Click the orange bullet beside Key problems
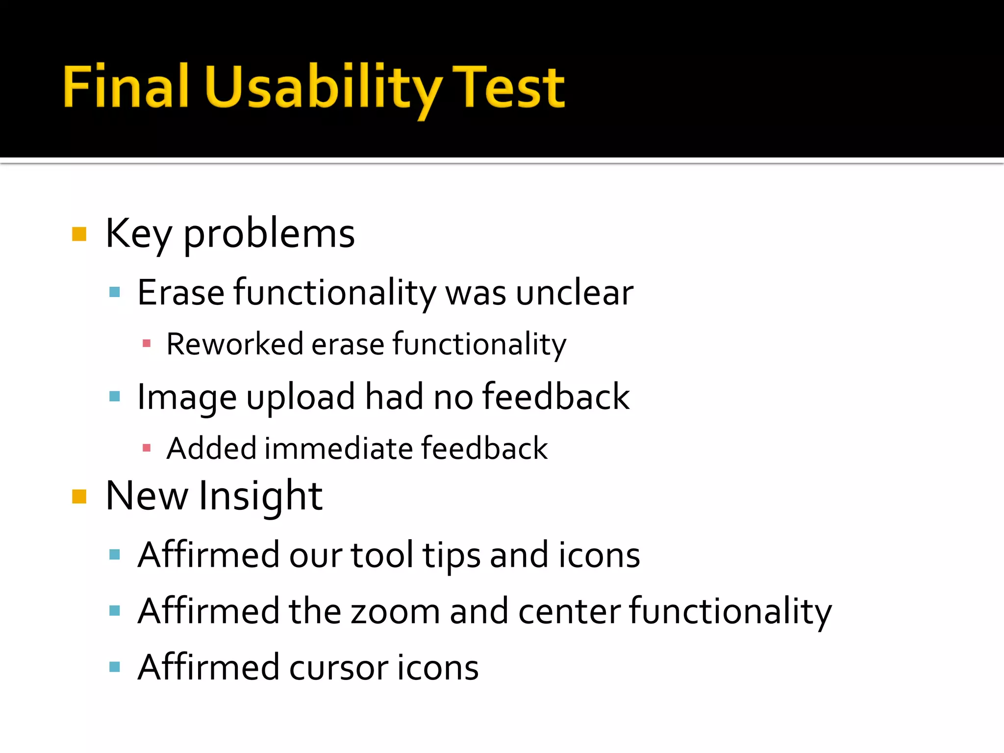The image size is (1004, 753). pos(79,234)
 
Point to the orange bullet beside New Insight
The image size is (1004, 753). pos(79,497)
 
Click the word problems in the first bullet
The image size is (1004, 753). pos(269,234)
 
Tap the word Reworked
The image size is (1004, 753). pos(234,344)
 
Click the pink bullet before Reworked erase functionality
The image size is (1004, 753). pos(146,343)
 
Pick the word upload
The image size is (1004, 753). pos(301,397)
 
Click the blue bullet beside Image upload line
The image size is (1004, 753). pos(115,396)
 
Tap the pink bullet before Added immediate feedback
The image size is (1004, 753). pos(146,447)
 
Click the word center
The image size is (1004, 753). pos(569,612)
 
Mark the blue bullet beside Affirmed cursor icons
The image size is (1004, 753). pos(115,667)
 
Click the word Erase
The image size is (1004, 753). pos(181,293)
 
